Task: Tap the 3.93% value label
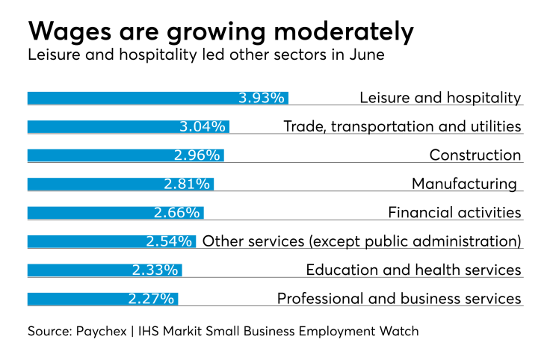pos(262,98)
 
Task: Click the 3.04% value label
pos(203,126)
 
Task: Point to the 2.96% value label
pos(197,155)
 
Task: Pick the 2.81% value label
pos(187,184)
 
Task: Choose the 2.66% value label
pos(177,212)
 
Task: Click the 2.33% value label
pos(156,270)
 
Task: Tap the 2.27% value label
pos(151,299)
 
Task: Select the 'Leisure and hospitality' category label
pos(440,98)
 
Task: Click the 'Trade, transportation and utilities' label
pos(402,126)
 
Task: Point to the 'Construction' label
pos(475,155)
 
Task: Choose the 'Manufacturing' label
pos(464,184)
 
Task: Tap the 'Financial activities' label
pos(454,212)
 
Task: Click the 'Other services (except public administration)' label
pos(362,241)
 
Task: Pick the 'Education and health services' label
pos(413,270)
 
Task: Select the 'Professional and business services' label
pos(399,299)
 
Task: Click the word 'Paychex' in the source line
pos(102,330)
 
